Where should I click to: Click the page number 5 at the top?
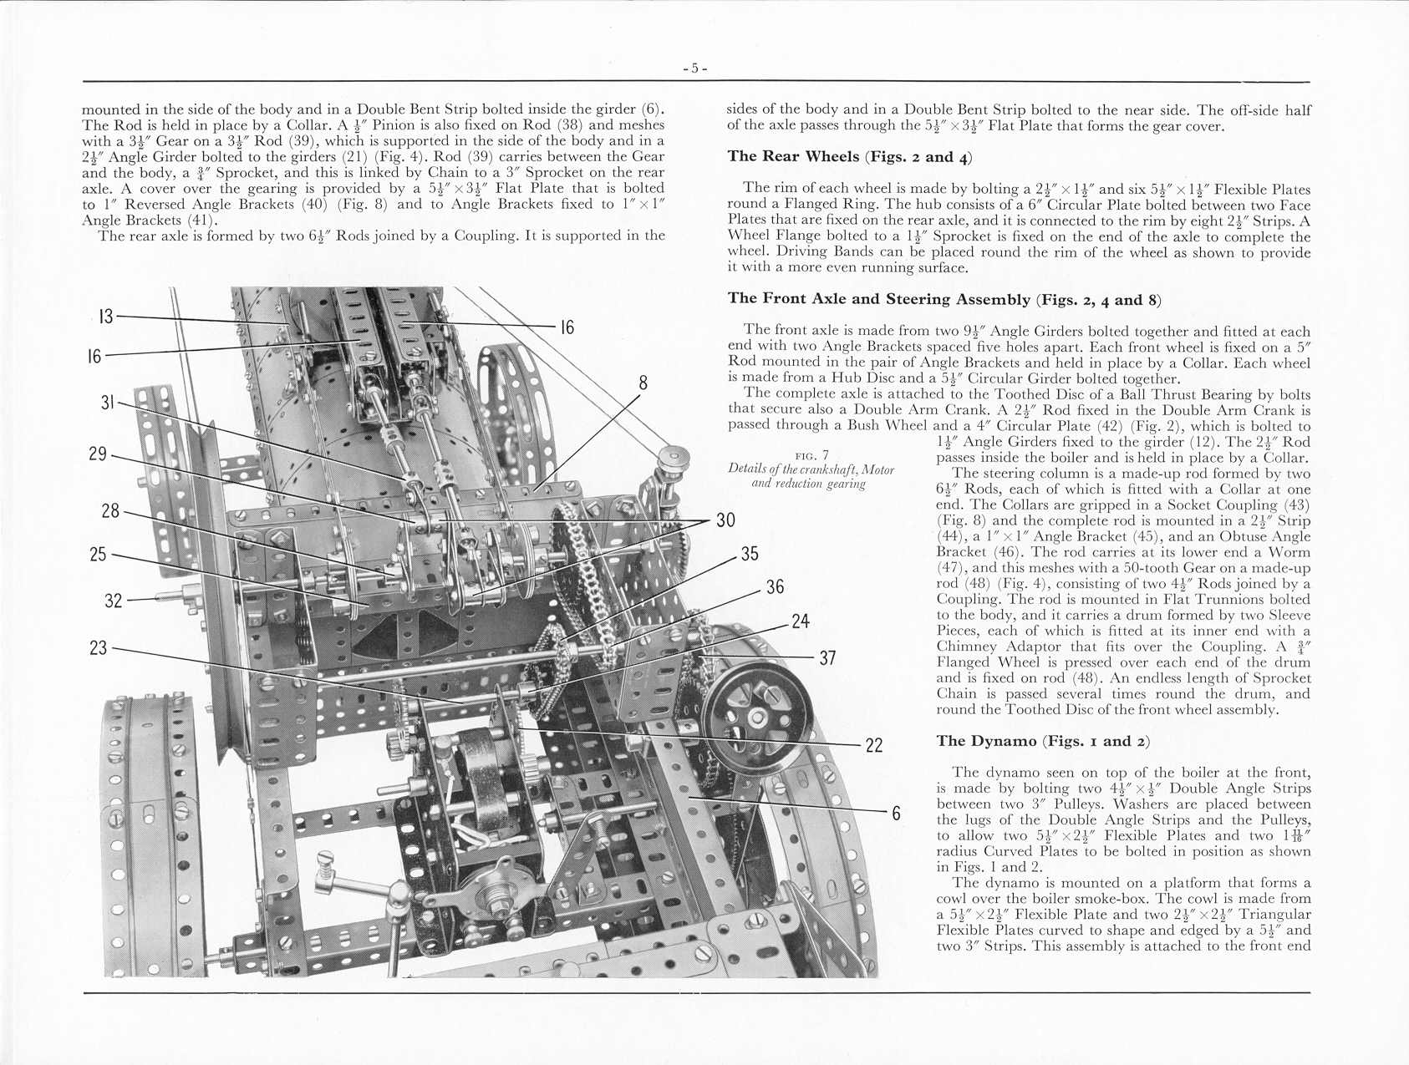[x=695, y=68]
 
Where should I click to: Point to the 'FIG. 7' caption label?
[x=811, y=455]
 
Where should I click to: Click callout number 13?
[x=105, y=317]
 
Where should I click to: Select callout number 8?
[x=643, y=383]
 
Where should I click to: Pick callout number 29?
[x=99, y=454]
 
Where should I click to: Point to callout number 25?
[x=99, y=554]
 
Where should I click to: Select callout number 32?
[x=114, y=601]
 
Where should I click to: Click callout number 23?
[x=99, y=647]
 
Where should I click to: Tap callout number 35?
[x=750, y=554]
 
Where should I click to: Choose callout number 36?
[x=775, y=587]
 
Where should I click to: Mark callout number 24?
[x=800, y=621]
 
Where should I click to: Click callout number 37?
[x=827, y=658]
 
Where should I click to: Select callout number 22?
[x=874, y=745]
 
